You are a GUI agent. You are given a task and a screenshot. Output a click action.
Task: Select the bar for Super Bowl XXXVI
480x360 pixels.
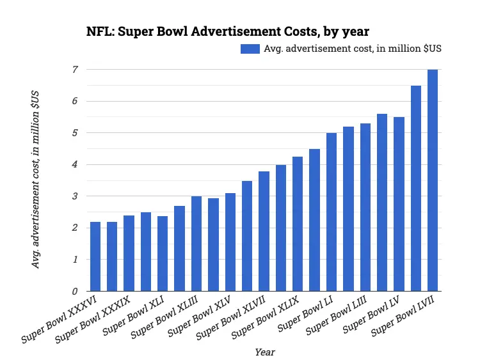tap(95, 256)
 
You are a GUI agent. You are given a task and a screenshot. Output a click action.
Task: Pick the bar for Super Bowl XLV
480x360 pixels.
tap(230, 242)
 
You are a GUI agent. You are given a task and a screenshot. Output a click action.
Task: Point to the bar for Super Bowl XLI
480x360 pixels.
tap(163, 253)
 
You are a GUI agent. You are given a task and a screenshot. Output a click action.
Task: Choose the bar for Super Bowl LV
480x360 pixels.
tap(399, 204)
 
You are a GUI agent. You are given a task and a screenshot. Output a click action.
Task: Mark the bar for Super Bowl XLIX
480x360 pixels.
tap(298, 224)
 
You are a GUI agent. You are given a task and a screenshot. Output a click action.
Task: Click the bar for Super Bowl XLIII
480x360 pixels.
tap(196, 244)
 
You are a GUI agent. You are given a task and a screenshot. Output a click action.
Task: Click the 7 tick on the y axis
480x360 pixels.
tap(75, 70)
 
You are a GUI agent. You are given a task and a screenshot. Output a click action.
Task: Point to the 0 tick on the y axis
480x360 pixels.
tap(75, 292)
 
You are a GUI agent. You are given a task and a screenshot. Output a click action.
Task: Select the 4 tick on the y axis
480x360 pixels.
tap(75, 165)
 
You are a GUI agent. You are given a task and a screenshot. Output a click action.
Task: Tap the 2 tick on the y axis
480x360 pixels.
tap(75, 228)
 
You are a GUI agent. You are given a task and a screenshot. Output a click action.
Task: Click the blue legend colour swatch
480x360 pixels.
tap(251, 49)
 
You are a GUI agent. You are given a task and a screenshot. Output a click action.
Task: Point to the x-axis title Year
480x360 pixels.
tap(265, 352)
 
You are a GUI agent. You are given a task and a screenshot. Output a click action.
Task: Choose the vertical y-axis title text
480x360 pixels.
tap(36, 179)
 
